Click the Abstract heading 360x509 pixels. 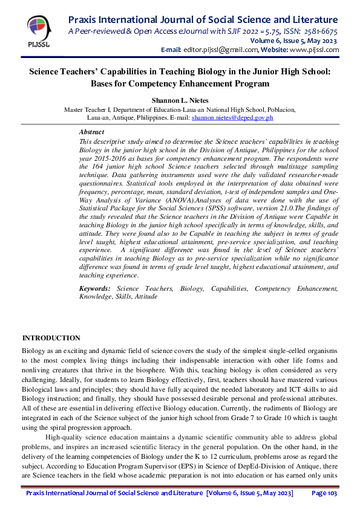pyautogui.click(x=91, y=132)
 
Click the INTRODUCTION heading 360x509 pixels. pyautogui.click(x=51, y=338)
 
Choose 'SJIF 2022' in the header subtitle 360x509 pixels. pyautogui.click(x=241, y=31)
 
